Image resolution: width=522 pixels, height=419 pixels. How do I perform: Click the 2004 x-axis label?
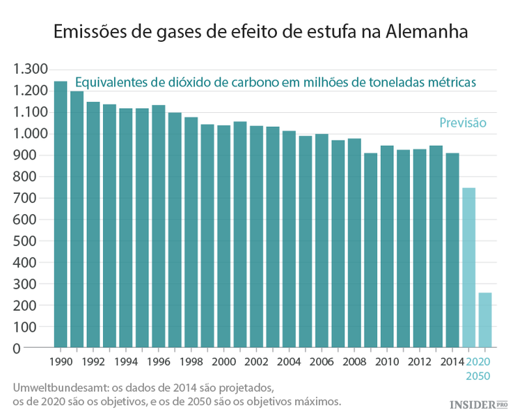[x=289, y=362]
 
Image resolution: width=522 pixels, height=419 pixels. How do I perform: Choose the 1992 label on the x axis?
[x=93, y=362]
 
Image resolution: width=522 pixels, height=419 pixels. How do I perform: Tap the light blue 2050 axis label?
[x=477, y=376]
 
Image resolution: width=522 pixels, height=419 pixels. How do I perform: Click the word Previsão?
[x=462, y=123]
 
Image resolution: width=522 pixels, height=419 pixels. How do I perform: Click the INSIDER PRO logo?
[x=478, y=404]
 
